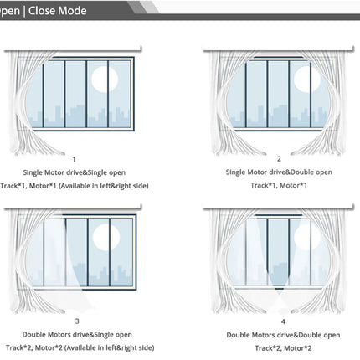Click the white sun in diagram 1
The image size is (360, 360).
105,80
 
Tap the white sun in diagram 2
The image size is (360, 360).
307,80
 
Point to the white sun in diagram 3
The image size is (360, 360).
106,237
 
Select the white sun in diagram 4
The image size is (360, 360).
307,237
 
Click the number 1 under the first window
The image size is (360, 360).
74,159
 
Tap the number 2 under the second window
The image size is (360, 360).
279,159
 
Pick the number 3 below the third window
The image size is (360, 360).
77,321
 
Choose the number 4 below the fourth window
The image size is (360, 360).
283,321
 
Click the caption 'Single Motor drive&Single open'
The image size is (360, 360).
74,172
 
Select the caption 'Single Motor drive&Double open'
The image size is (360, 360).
279,172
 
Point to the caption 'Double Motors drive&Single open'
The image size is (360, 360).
77,334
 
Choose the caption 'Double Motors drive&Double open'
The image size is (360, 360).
283,335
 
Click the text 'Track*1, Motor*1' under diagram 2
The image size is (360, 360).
279,185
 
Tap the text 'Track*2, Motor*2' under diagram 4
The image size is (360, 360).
283,348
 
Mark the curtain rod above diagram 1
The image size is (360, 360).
73,50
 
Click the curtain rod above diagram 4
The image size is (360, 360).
279,208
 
